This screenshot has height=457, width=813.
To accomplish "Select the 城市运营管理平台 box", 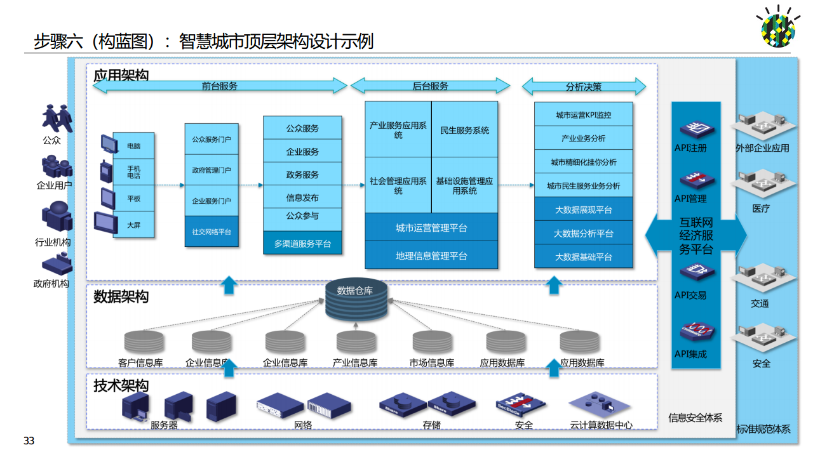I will (431, 228).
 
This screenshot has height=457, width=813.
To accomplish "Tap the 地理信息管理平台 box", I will (431, 256).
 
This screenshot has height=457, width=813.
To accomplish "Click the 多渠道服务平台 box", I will (302, 243).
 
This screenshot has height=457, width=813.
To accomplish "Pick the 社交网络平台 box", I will (212, 232).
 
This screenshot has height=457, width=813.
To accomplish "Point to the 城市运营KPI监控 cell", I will (583, 115).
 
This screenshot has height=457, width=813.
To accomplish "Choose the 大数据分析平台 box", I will (583, 233).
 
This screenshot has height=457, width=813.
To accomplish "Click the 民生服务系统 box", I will (464, 130).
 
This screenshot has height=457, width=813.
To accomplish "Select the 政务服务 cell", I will (302, 175).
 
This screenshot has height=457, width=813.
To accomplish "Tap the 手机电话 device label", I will (133, 171).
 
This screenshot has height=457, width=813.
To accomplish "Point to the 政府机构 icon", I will (54, 263).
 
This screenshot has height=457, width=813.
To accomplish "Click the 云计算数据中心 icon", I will (600, 404).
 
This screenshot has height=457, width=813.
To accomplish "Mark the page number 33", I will (29, 441).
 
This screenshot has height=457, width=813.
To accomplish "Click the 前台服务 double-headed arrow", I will (220, 86).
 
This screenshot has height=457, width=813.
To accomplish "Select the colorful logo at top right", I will (778, 29).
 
